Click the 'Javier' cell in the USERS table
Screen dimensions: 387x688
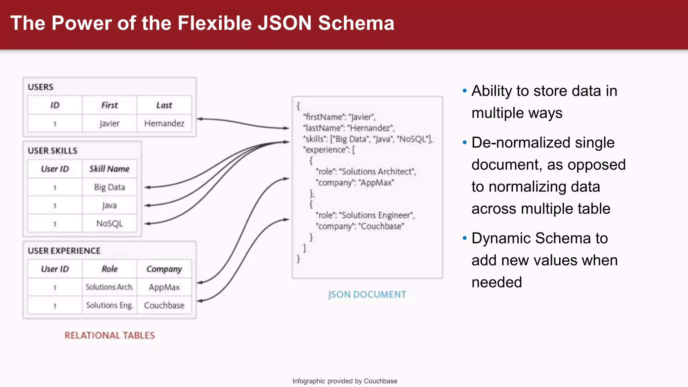click(x=110, y=123)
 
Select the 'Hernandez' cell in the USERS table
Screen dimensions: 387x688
click(x=164, y=123)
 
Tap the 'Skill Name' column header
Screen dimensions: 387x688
click(x=109, y=169)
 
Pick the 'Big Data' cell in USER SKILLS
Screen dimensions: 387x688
click(x=109, y=187)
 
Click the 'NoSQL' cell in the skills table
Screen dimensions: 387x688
click(x=109, y=223)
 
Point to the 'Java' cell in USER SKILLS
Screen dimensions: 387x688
click(x=109, y=205)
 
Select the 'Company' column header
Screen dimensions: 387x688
click(x=164, y=269)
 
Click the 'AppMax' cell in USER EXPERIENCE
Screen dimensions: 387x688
click(x=164, y=287)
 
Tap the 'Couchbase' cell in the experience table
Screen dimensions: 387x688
click(x=164, y=305)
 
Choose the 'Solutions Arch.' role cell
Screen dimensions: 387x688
click(x=109, y=287)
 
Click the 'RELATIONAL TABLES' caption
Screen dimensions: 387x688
click(x=110, y=335)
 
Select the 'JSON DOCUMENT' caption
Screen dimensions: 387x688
click(x=367, y=295)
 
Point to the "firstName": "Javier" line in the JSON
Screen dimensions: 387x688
click(x=339, y=117)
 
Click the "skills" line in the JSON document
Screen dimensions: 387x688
click(x=368, y=139)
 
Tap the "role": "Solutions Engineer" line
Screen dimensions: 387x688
click(x=365, y=215)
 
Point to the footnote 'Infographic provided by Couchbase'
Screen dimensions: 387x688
click(x=345, y=381)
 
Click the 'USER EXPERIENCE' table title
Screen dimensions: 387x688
click(x=64, y=251)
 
